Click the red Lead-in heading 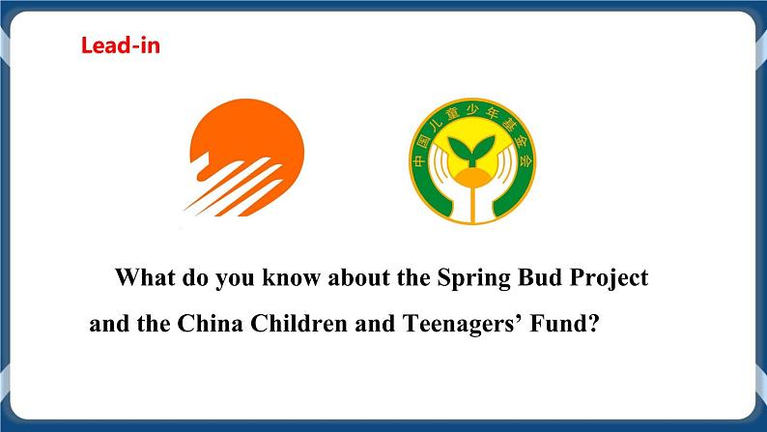(x=120, y=45)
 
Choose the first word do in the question (x=194, y=278)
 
